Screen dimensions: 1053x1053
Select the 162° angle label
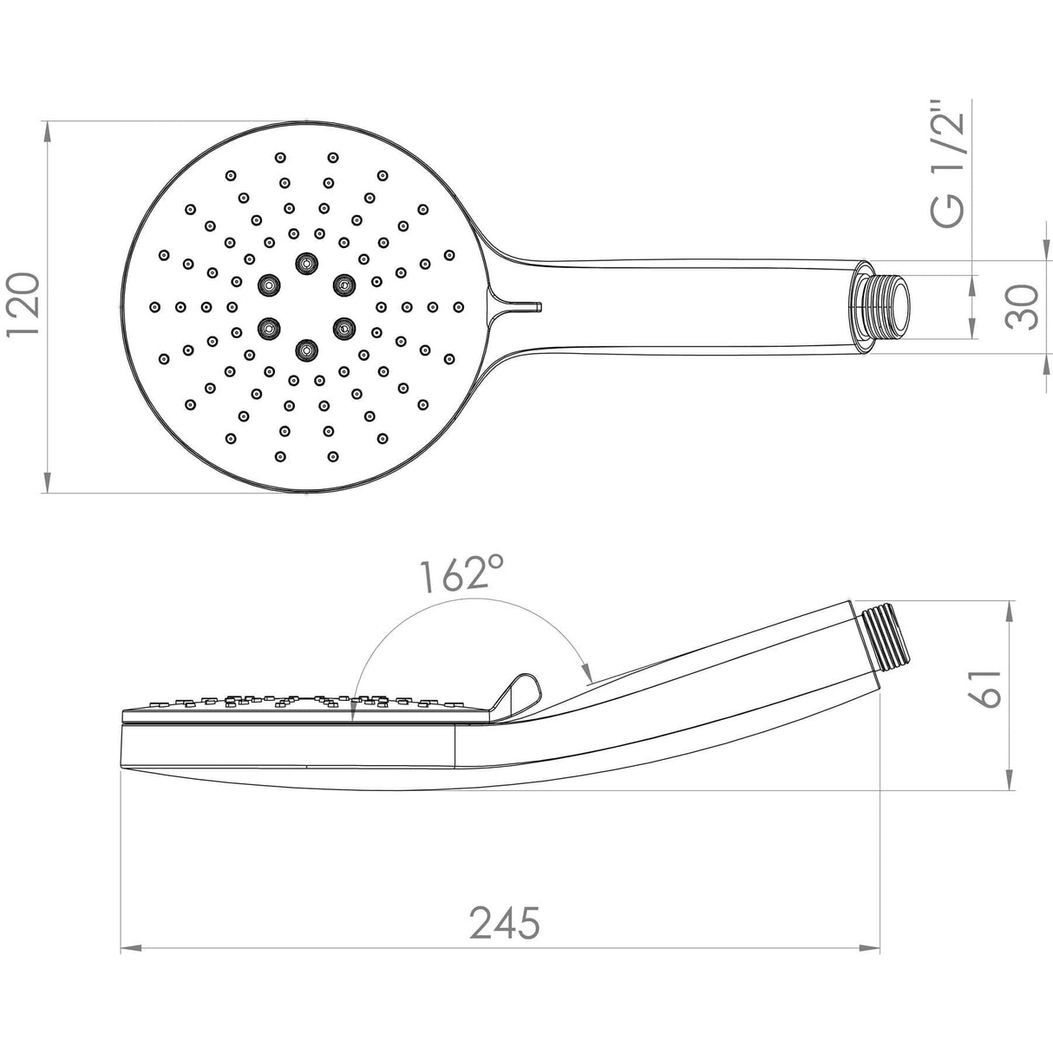point(461,574)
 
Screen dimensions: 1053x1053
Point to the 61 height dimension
point(986,689)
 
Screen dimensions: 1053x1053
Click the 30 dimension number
point(1024,306)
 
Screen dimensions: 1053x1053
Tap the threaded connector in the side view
point(889,647)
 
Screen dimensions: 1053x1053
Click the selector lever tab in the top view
point(520,305)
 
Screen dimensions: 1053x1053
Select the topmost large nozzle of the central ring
point(305,261)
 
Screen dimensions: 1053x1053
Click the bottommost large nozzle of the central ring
point(305,350)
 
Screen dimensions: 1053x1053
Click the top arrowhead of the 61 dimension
point(1010,609)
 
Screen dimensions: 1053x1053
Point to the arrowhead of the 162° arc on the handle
point(587,676)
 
